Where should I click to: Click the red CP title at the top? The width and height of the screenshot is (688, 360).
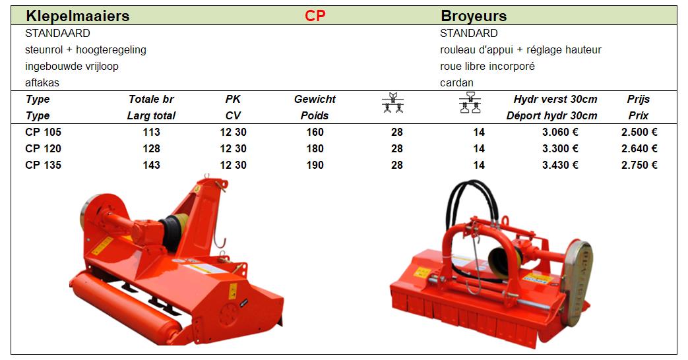[315, 16]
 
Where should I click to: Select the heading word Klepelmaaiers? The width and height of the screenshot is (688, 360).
[78, 16]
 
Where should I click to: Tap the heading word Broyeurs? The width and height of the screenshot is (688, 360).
[474, 16]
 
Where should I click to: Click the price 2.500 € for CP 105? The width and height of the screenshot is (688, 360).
[639, 132]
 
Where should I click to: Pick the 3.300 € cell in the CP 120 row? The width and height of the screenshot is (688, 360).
[560, 148]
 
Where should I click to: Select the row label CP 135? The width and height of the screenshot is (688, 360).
[43, 165]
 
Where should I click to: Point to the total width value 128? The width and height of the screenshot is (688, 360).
[151, 148]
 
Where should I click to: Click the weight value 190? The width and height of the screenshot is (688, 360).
[315, 165]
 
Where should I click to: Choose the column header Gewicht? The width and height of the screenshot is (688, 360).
[315, 99]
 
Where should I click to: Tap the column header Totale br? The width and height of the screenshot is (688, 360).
[151, 99]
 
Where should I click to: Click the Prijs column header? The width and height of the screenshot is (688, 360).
[639, 99]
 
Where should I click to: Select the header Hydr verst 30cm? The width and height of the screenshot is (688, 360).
[555, 99]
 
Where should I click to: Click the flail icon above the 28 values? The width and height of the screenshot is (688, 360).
[392, 103]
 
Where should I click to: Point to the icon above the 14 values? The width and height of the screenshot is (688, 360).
[470, 103]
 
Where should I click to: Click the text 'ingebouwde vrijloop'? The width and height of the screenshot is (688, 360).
[71, 66]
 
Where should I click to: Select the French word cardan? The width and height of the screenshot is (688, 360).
[456, 83]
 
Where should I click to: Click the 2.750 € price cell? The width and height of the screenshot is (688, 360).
[639, 165]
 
